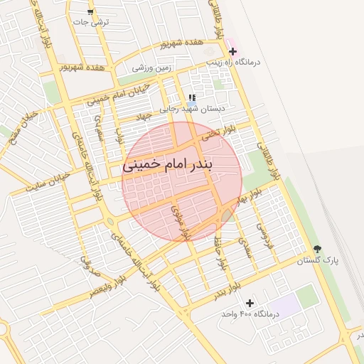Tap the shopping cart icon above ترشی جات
tap(90, 12)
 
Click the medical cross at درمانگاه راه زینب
tap(232, 51)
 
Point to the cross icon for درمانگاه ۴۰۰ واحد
tap(250, 303)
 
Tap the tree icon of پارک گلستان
tap(317, 250)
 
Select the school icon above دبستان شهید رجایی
tap(191, 97)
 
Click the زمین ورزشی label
tap(152, 68)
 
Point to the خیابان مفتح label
tap(22, 126)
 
